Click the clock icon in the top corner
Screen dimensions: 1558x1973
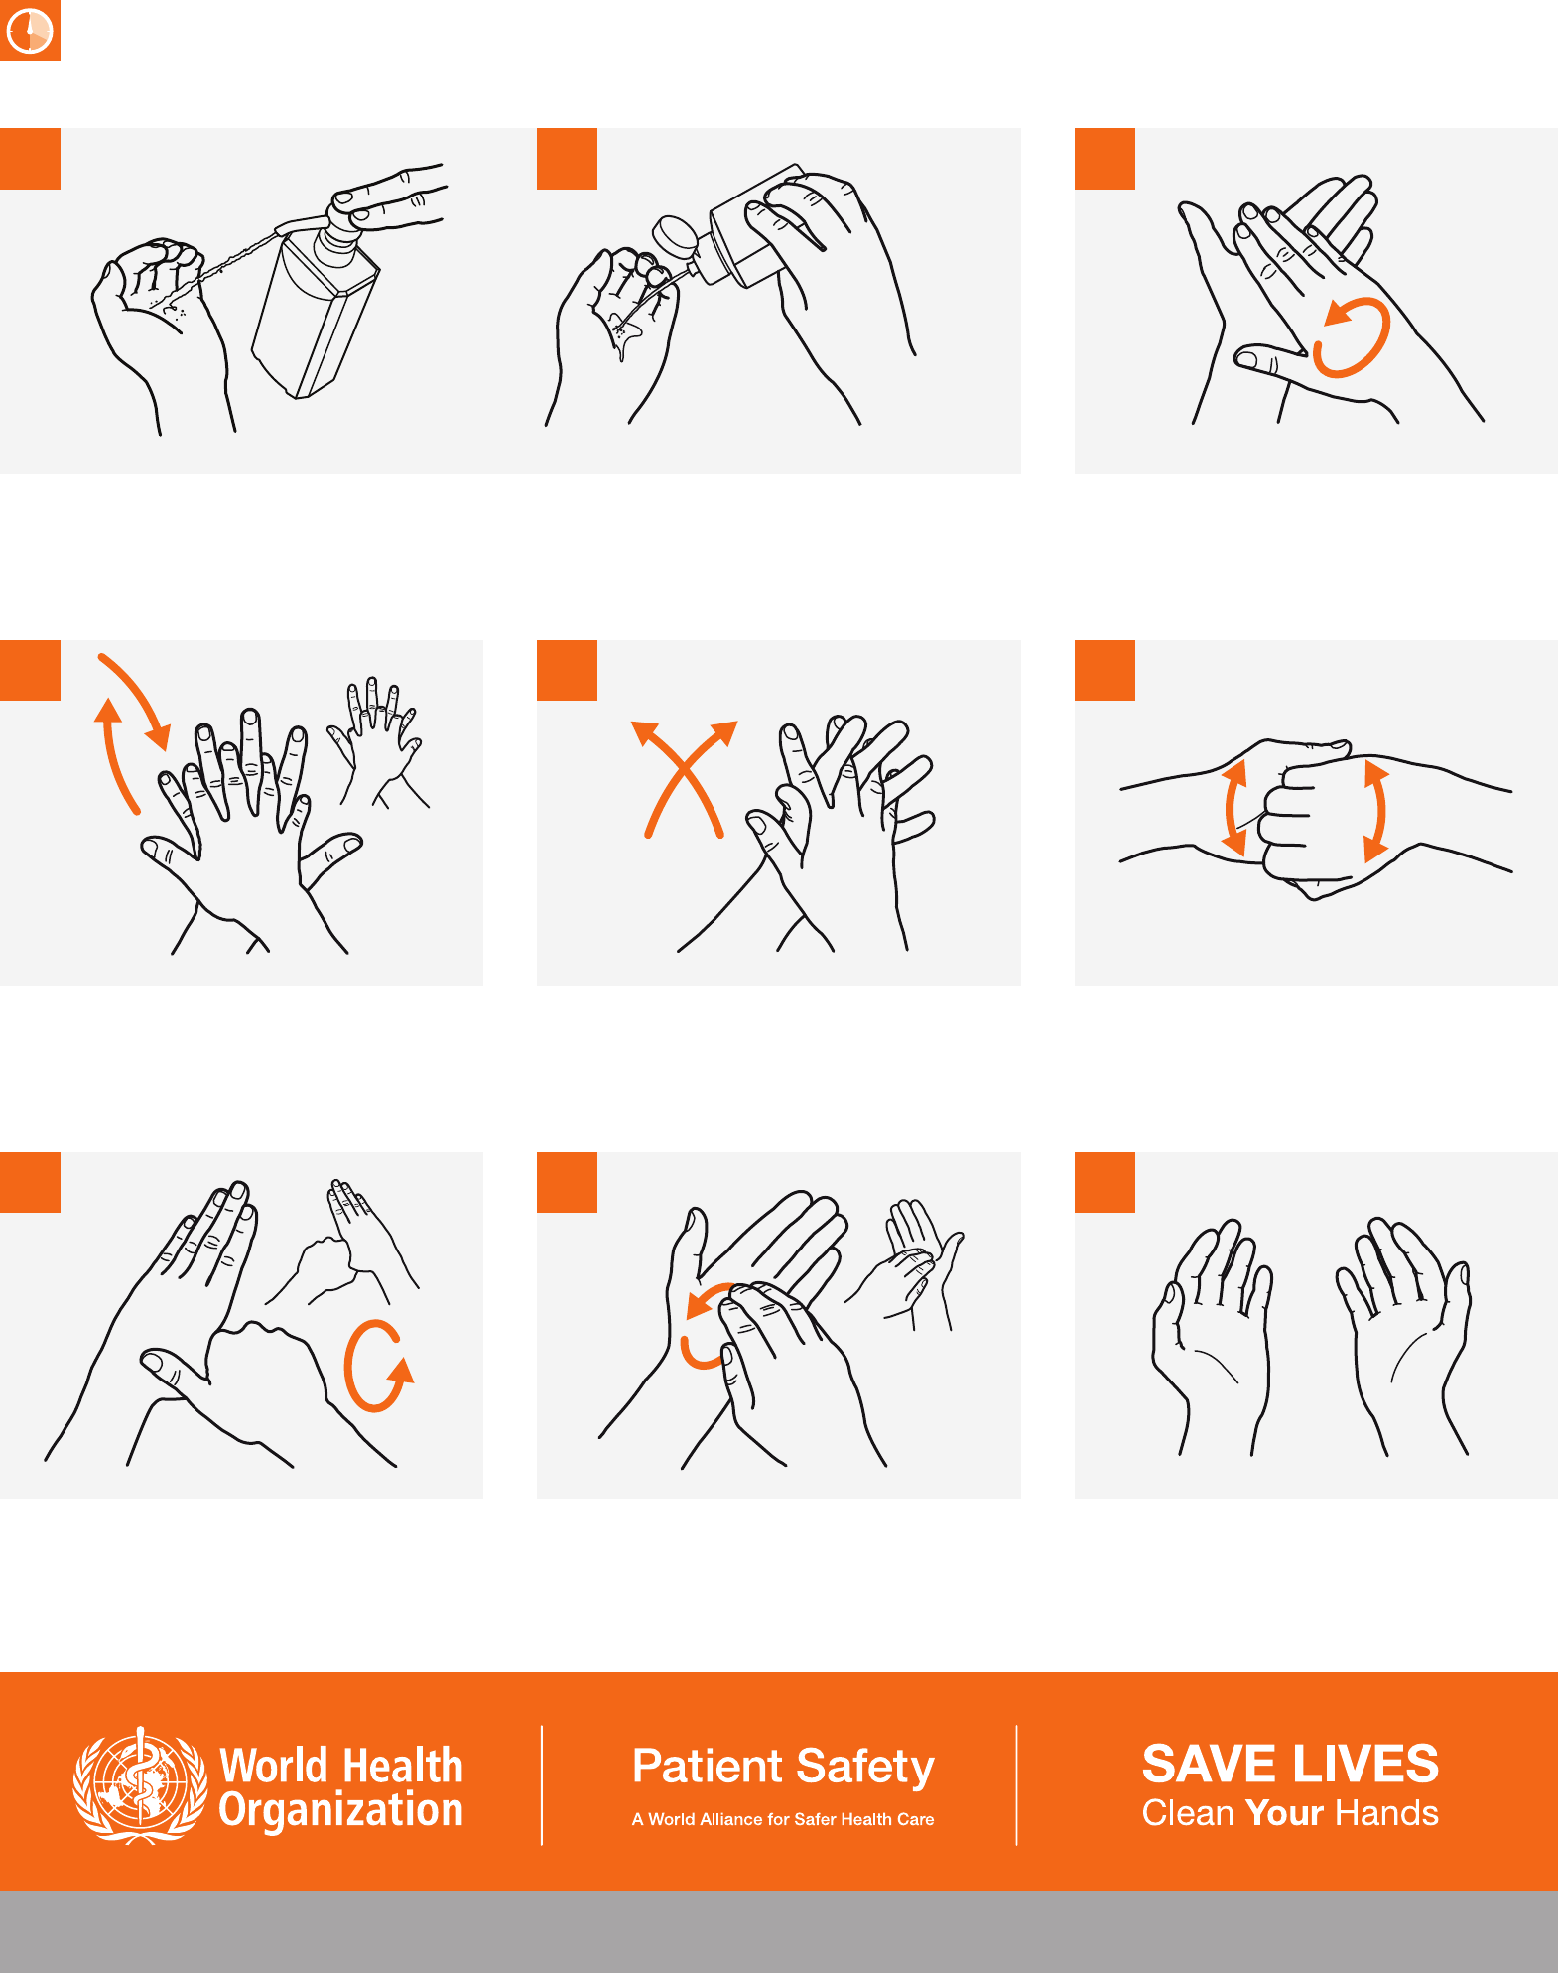[30, 30]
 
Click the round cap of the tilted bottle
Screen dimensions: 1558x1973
[675, 238]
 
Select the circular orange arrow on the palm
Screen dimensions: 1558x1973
[1352, 337]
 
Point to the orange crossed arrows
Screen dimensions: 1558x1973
[685, 778]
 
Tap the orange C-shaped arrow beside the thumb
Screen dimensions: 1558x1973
[377, 1366]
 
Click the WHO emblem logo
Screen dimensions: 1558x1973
[140, 1785]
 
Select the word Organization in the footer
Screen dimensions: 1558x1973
[341, 1811]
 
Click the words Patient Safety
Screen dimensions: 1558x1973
[783, 1767]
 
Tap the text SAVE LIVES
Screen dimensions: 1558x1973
[1290, 1764]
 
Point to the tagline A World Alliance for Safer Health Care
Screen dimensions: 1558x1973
[783, 1819]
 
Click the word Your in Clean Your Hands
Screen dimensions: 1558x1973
[1285, 1813]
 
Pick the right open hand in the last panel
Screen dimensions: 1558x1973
[1402, 1335]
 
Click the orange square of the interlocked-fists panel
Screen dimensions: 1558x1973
[1104, 670]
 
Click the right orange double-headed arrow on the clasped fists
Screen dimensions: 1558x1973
[1376, 810]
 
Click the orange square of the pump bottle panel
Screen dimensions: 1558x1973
[30, 158]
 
